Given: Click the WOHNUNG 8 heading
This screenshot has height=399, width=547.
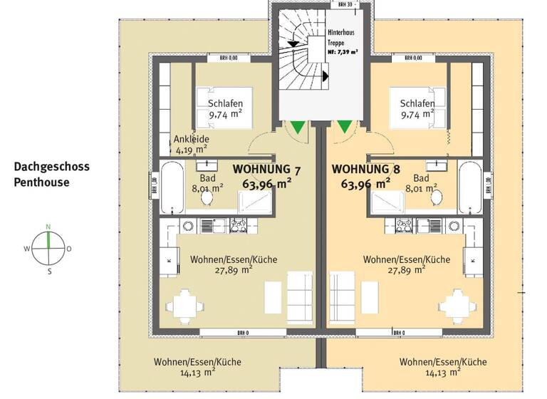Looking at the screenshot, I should click(x=366, y=170).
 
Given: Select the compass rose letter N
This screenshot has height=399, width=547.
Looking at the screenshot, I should click(x=48, y=227).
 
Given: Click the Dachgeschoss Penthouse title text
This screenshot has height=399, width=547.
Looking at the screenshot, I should click(x=52, y=175).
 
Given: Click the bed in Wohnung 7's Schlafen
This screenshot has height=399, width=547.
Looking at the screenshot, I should click(x=217, y=108).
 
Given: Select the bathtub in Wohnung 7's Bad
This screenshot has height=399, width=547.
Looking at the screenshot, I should click(x=171, y=188).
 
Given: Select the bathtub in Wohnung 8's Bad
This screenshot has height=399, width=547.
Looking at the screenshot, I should click(x=470, y=188).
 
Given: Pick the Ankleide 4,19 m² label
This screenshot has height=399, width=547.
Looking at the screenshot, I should click(x=191, y=145).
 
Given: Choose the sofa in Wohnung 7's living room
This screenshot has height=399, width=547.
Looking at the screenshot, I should click(x=299, y=294).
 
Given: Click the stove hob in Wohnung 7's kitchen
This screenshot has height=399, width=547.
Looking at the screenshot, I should click(x=236, y=226).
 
